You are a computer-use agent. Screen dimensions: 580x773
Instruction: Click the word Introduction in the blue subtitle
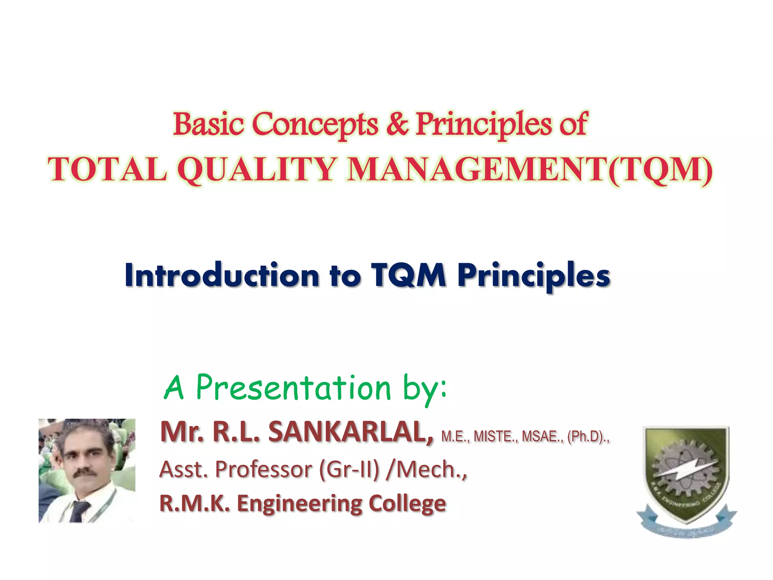(222, 276)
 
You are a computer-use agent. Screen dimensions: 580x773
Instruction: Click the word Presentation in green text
(294, 388)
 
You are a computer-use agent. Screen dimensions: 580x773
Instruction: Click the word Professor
(264, 470)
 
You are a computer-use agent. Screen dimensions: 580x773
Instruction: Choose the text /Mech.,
(427, 470)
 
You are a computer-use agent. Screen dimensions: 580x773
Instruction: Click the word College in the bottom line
(407, 504)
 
